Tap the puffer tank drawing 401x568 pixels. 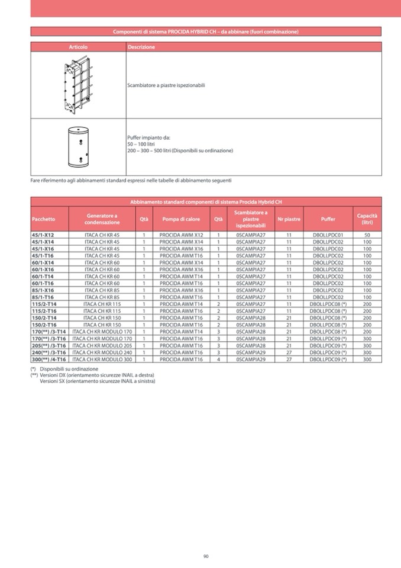tap(77, 146)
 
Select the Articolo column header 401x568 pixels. tap(77, 47)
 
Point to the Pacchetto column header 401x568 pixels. tap(43, 219)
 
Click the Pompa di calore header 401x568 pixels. tap(181, 219)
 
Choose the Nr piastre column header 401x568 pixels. tap(289, 219)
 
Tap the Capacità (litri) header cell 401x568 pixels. tap(367, 219)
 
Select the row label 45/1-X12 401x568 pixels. tap(43, 235)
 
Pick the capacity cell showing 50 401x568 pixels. tap(367, 235)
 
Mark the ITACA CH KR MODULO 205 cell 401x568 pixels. tap(102, 345)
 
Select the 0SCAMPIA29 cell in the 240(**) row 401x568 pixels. tap(251, 352)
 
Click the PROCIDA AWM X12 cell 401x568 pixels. tap(181, 235)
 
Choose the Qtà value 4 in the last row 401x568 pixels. tap(218, 360)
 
